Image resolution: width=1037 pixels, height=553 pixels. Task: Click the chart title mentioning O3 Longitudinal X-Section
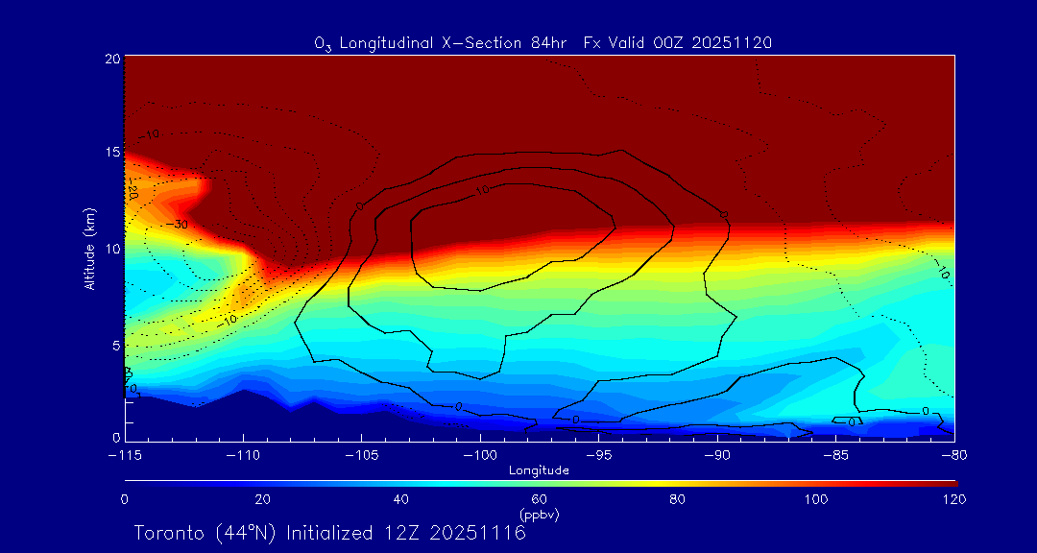coord(543,42)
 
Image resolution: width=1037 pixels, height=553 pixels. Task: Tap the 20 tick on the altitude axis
coord(110,59)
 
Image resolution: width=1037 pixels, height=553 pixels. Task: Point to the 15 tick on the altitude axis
coord(110,153)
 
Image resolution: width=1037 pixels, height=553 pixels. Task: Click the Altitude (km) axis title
coord(89,249)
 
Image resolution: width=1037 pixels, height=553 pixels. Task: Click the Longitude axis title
coord(540,470)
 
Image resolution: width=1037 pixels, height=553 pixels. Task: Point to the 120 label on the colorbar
coord(953,499)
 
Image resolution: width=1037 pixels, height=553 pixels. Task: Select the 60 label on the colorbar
coord(540,499)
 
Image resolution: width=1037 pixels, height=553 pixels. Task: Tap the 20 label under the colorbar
coord(262,499)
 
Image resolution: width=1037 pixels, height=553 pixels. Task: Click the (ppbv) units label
coord(540,514)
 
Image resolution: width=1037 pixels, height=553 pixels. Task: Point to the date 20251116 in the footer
coord(478,533)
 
